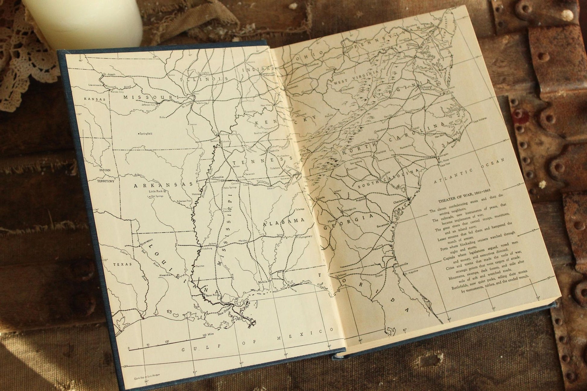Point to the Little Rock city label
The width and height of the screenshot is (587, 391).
(156, 191)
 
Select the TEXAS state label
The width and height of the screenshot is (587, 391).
(122, 264)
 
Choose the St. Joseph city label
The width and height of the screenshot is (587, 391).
(109, 74)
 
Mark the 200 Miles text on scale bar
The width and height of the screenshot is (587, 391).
(208, 335)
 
